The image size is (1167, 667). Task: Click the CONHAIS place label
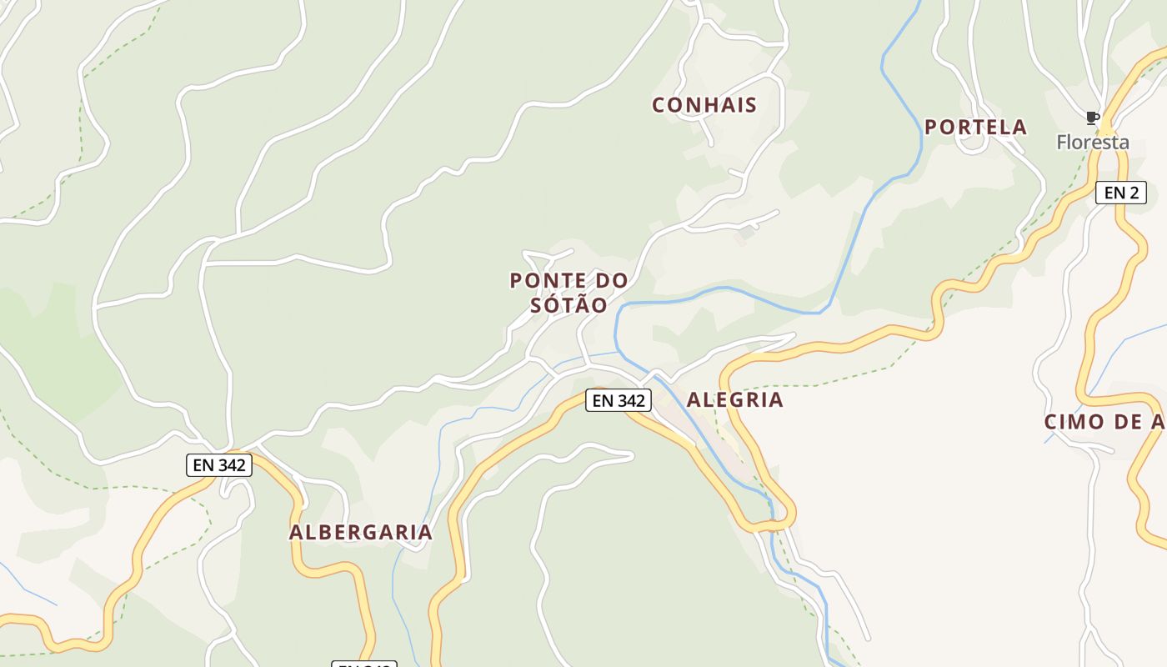coord(704,105)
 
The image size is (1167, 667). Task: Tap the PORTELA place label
coord(975,128)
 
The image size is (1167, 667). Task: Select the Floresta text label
coord(1093,143)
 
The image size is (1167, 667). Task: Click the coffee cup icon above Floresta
coord(1093,118)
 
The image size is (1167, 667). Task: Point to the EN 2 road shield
coord(1120,193)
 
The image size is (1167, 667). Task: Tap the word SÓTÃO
coord(569,305)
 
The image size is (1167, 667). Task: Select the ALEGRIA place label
coord(734,399)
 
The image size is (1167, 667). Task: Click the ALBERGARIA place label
coord(361,533)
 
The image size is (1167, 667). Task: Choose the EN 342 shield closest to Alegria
coord(618,400)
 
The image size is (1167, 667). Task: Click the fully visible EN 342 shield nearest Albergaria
coord(219,465)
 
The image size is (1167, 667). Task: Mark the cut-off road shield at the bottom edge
coord(364,664)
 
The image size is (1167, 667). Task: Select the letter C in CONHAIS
coord(659,105)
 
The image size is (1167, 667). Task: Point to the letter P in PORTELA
coord(932,128)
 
